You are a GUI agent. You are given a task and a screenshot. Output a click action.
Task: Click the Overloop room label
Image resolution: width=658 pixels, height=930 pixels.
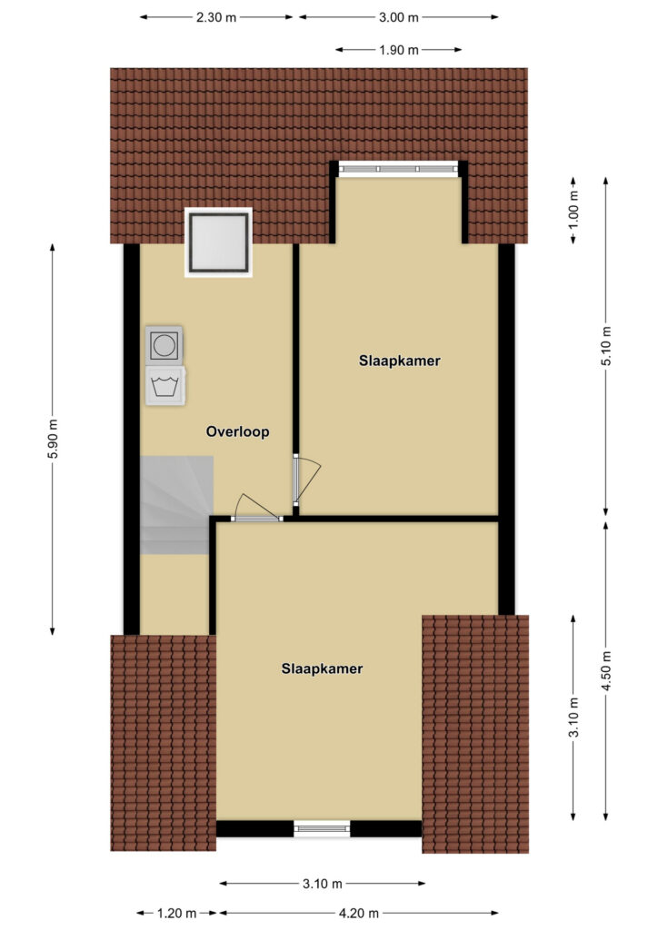(x=237, y=431)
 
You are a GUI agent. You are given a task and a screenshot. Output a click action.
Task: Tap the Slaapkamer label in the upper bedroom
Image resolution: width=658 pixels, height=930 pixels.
(x=399, y=361)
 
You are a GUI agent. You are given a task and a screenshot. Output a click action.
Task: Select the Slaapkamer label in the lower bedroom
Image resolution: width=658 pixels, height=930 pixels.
(x=322, y=668)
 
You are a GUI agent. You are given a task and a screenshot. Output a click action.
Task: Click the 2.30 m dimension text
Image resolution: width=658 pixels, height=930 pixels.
(x=216, y=17)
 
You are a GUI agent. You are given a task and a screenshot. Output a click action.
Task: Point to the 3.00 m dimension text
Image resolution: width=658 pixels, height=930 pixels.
(x=399, y=17)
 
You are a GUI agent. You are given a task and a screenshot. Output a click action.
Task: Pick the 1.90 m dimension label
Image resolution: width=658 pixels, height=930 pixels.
(x=399, y=50)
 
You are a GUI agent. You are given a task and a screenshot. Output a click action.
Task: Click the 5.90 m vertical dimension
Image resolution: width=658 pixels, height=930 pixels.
(x=53, y=439)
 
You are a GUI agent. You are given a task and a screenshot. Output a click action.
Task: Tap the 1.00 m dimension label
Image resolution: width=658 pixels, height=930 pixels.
(x=573, y=210)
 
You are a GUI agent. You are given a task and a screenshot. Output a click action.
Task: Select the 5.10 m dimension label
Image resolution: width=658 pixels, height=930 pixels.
(x=606, y=346)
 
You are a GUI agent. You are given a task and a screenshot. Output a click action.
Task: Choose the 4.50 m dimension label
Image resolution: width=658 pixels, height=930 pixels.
(x=606, y=671)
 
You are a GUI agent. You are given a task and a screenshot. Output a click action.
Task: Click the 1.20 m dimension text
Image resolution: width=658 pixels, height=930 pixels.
(x=177, y=914)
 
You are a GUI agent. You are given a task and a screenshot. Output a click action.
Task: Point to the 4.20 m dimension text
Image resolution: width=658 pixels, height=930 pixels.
(x=358, y=914)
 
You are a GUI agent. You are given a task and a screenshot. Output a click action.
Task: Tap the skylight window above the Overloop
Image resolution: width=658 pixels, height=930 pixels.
(x=218, y=242)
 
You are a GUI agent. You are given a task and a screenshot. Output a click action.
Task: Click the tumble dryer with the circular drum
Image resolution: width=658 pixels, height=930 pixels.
(x=164, y=344)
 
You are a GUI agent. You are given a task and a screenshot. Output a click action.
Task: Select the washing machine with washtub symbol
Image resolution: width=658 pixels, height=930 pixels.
(x=165, y=386)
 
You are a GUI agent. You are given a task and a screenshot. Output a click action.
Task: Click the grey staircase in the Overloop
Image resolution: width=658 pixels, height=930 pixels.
(x=176, y=505)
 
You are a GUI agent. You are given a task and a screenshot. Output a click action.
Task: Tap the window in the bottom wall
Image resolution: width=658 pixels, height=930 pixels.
(x=322, y=828)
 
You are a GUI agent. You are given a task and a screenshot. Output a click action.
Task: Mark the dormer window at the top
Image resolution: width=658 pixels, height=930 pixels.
(x=399, y=169)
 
